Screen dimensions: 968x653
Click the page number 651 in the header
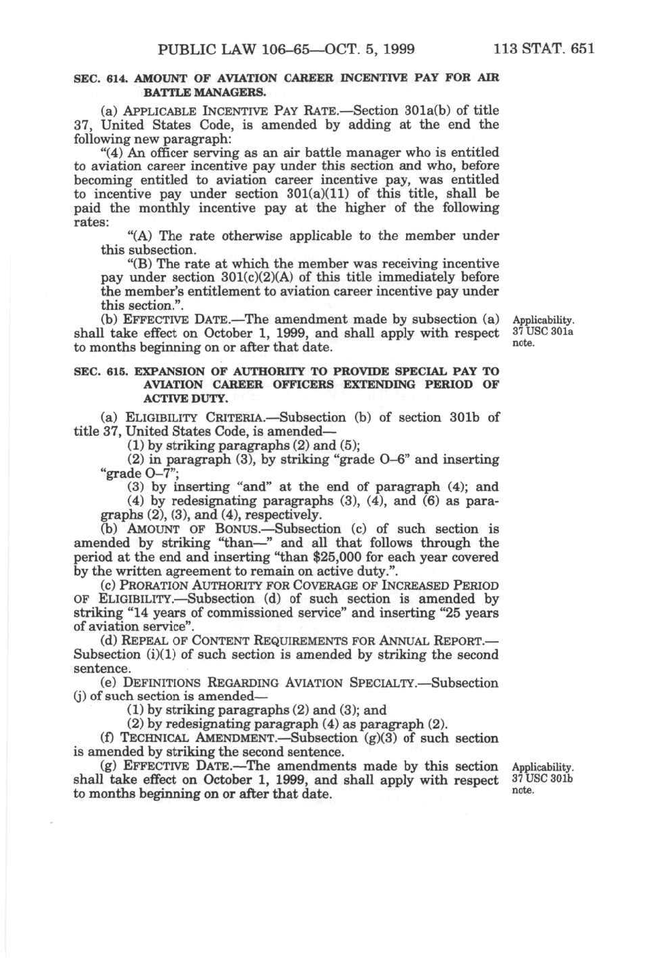(583, 48)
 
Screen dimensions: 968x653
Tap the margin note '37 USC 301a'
(542, 332)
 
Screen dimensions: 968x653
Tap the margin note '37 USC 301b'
(542, 778)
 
